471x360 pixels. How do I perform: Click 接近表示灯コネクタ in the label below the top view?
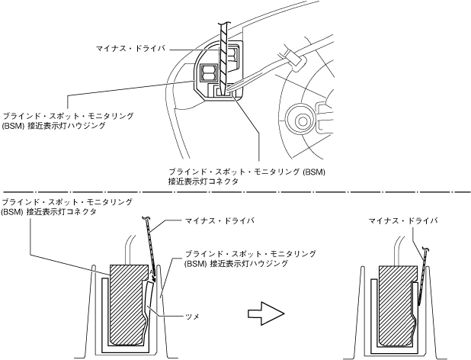[203, 182]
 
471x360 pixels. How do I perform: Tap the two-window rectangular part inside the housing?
[208, 74]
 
